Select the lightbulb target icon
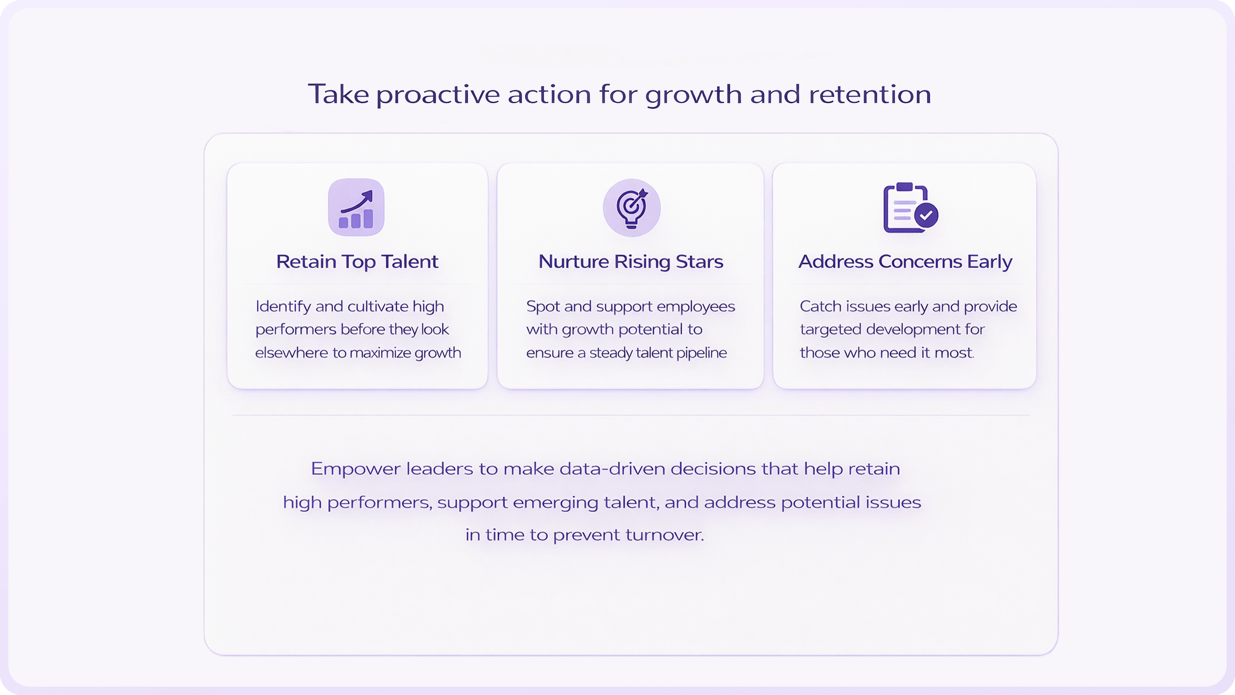pos(631,208)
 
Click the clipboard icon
pos(904,208)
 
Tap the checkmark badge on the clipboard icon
pos(926,215)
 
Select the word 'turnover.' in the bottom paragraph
pos(664,534)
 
